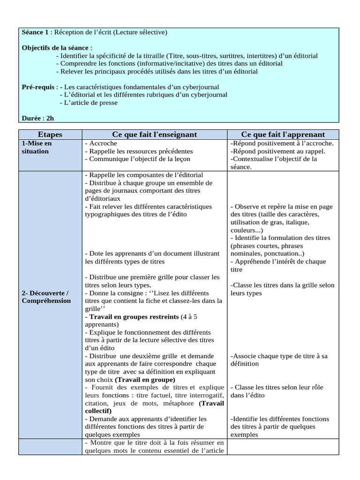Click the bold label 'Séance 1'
[x=37, y=32]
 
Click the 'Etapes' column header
[x=50, y=135]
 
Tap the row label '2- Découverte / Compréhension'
[x=45, y=297]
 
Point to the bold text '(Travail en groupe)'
[x=145, y=379]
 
